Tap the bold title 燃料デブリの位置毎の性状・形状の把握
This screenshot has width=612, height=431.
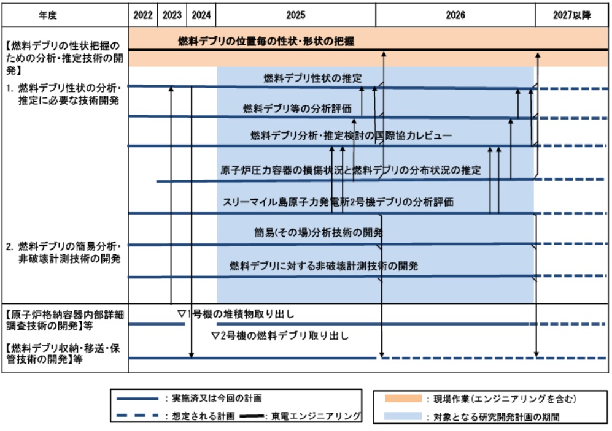tap(266, 42)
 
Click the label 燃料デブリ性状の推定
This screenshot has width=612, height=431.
tap(313, 78)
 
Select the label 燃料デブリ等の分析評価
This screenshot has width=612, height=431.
tap(297, 109)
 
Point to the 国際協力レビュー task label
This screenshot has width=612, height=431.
tap(351, 135)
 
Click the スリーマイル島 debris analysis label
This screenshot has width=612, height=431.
tap(338, 201)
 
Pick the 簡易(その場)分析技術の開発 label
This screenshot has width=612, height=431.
tap(318, 233)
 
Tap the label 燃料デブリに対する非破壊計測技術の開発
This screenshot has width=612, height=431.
tap(323, 266)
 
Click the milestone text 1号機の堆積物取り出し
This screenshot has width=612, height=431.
tap(241, 315)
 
